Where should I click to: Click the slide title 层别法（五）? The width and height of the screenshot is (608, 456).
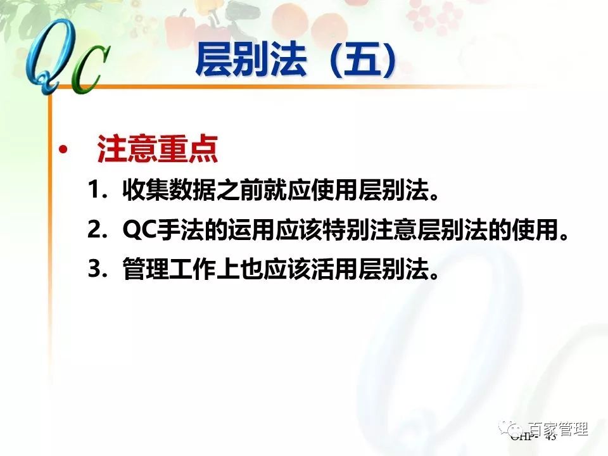296,60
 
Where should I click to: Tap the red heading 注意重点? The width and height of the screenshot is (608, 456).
157,151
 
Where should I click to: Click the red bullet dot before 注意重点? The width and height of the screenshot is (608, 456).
62,150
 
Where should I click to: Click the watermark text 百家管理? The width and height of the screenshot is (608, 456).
557,429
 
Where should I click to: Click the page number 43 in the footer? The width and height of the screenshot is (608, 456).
550,437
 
